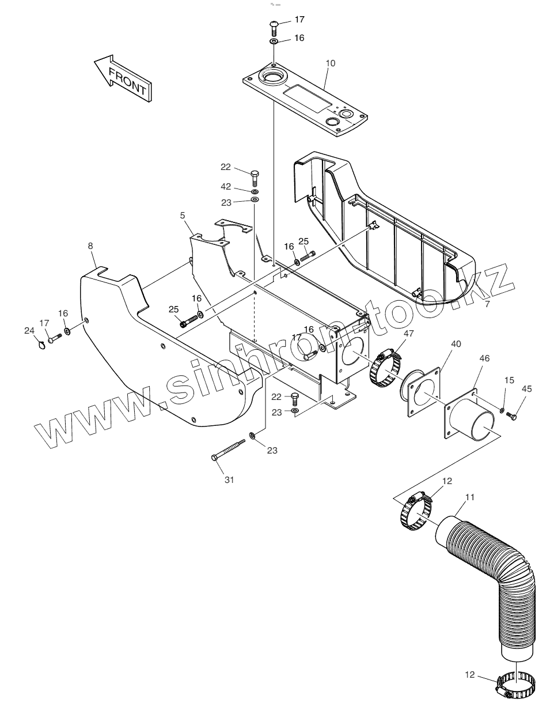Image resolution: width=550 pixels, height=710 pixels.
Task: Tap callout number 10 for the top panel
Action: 329,63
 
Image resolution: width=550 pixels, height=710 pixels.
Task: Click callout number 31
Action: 229,479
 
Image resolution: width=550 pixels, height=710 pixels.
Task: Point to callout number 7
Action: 487,304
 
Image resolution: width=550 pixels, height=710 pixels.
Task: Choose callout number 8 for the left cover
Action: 90,246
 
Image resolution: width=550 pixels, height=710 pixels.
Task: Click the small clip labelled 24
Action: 40,345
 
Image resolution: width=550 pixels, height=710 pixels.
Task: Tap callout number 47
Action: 408,333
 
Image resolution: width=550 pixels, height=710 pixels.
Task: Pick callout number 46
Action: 484,358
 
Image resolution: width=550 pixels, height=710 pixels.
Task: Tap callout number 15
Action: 509,380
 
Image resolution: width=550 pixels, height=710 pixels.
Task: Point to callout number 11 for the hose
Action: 470,497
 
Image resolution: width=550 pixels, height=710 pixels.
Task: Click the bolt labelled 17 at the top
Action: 274,26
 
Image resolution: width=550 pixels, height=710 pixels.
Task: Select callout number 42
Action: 226,187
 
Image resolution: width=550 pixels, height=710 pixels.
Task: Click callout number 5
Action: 183,216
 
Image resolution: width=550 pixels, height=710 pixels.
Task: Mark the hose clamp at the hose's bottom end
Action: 517,686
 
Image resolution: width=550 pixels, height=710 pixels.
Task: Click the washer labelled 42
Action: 255,191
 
